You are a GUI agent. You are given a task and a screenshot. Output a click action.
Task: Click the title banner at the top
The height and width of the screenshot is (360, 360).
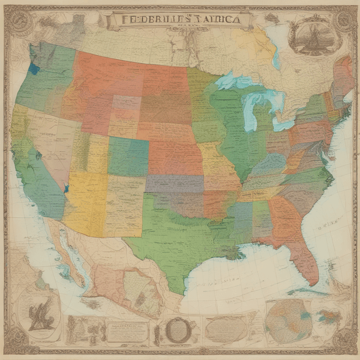click(180, 19)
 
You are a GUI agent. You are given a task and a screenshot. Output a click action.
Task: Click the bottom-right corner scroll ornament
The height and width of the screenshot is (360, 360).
click(344, 341)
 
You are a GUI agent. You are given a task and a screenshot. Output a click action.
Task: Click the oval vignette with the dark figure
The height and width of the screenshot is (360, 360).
click(38, 312)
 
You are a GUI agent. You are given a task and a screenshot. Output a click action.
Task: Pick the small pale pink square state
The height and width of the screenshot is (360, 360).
click(127, 102)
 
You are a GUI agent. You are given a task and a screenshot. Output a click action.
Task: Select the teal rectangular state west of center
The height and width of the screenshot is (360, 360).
click(128, 156)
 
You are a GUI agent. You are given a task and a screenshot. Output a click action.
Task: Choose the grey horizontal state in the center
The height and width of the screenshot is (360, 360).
click(174, 183)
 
